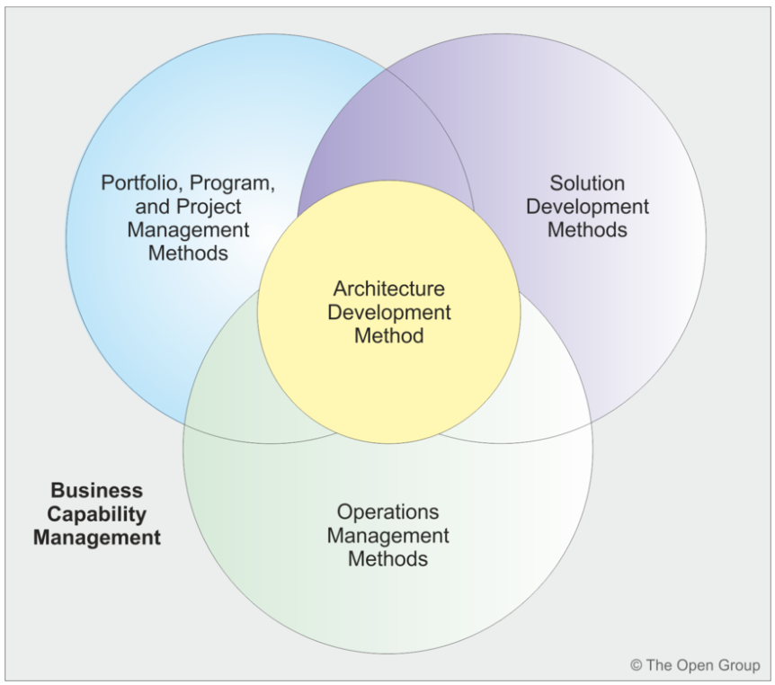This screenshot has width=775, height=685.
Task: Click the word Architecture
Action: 388,289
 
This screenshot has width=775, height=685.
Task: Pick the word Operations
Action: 388,512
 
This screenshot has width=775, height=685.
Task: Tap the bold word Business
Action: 96,491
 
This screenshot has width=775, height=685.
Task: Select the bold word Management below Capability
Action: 103,538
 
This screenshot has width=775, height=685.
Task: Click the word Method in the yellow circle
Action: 388,336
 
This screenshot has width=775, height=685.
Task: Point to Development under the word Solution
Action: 588,207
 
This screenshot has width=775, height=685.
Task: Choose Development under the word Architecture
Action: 388,313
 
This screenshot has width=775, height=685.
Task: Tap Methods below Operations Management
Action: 388,559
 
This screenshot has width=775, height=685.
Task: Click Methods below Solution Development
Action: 588,230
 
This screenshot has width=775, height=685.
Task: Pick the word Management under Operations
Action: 388,536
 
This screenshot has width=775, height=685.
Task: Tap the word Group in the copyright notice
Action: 738,666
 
